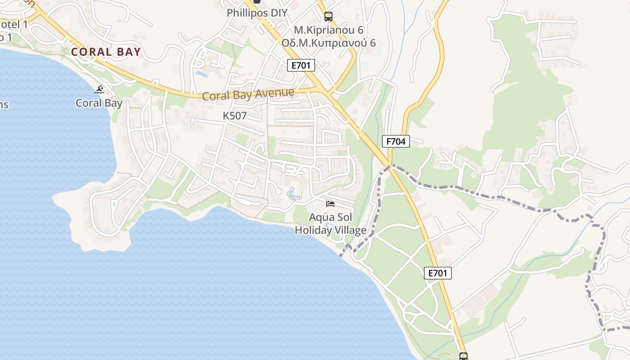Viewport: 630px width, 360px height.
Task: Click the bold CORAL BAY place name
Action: point(106,52)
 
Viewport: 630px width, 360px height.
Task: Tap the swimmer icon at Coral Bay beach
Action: point(99,90)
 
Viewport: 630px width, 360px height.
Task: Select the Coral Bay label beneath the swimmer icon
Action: point(99,103)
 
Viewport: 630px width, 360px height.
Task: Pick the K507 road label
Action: point(235,116)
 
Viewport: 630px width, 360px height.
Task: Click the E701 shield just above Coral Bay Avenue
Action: point(301,65)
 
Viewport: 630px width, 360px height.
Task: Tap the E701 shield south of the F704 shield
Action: point(437,273)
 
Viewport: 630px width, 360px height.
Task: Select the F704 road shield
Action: point(396,141)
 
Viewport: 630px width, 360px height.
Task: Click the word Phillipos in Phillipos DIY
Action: point(247,13)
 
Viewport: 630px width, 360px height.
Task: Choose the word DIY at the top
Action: point(279,13)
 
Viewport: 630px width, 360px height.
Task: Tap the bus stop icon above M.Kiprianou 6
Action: point(328,17)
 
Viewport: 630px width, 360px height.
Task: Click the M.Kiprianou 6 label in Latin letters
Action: point(328,30)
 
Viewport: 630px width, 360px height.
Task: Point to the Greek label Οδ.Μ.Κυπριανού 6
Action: point(328,43)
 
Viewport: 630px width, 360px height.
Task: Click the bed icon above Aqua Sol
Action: point(330,204)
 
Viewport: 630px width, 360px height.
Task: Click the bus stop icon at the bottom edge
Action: point(463,356)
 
